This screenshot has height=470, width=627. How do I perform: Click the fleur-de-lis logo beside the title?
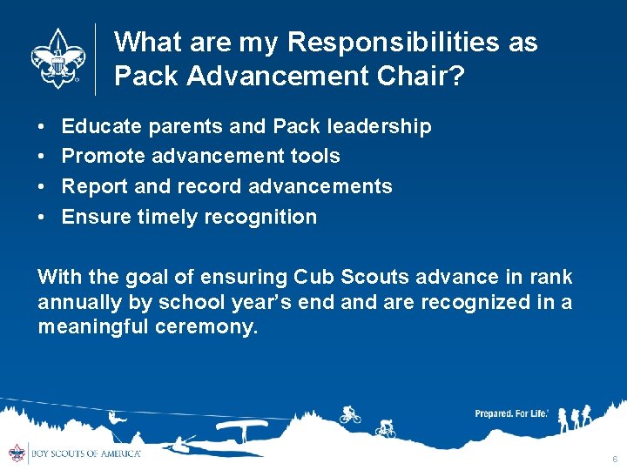tap(57, 58)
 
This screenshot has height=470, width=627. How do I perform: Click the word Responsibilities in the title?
tap(384, 42)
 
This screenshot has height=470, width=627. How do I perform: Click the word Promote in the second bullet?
tap(103, 156)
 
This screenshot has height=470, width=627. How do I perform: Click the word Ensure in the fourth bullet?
tap(97, 217)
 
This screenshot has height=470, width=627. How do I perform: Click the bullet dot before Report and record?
tap(43, 187)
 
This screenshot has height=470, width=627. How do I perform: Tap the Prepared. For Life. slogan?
tap(511, 413)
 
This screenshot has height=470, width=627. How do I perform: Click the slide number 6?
tap(614, 459)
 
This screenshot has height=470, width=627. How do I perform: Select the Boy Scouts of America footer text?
tap(84, 453)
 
